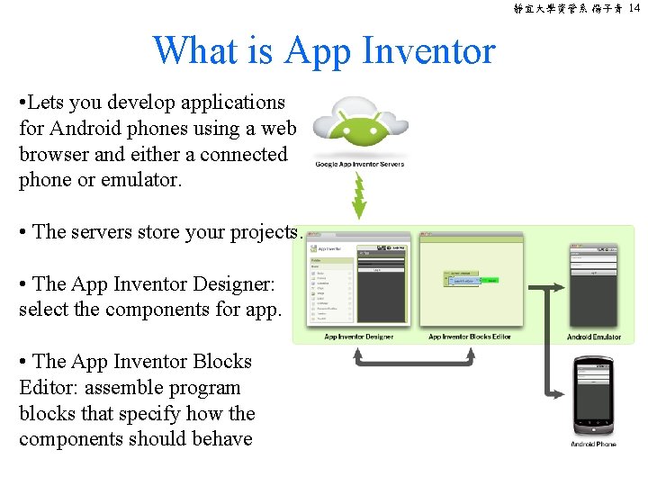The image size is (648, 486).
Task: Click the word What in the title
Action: pyautogui.click(x=200, y=50)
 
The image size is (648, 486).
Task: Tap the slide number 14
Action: pyautogui.click(x=634, y=8)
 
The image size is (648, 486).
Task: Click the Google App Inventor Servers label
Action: pyautogui.click(x=360, y=164)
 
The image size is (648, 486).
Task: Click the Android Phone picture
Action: pyautogui.click(x=594, y=396)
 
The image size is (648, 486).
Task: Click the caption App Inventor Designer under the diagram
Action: pyautogui.click(x=359, y=337)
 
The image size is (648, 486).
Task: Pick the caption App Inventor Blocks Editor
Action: pyautogui.click(x=469, y=337)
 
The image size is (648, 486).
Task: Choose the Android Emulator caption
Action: pyautogui.click(x=594, y=337)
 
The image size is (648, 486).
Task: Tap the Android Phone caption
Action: pyautogui.click(x=594, y=445)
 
